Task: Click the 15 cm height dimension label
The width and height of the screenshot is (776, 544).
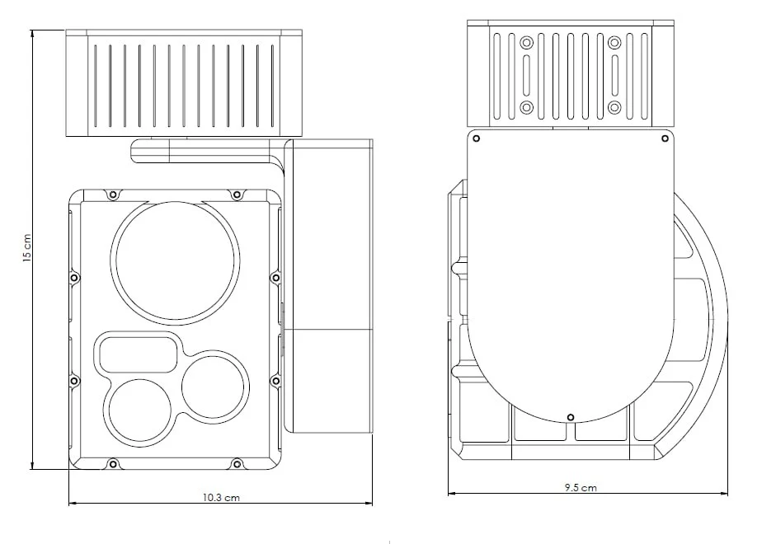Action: coord(27,248)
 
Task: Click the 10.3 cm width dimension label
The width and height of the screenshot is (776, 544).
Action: coord(221,498)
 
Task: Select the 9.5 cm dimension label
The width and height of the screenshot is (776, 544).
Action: coord(581,488)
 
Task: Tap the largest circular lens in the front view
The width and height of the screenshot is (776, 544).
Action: coord(175,260)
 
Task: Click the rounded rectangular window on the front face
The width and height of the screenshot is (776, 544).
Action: coord(138,354)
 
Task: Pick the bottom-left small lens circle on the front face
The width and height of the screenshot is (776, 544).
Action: coord(139,410)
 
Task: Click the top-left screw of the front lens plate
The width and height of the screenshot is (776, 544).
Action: coord(113,195)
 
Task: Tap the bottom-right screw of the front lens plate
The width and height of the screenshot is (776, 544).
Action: coord(237,464)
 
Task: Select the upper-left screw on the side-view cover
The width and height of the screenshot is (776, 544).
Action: coord(476,138)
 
